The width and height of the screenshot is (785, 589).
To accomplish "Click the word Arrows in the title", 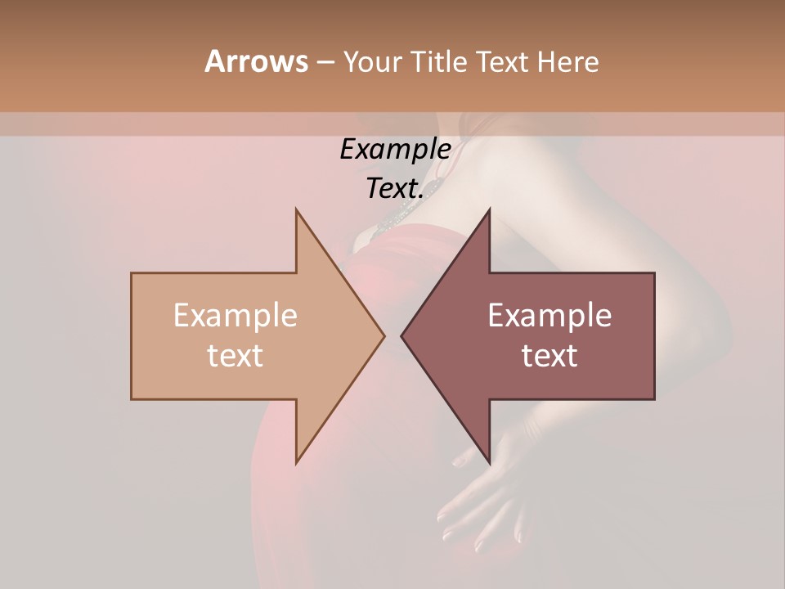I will click(256, 61).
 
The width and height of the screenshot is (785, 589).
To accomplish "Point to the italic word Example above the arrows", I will click(395, 149).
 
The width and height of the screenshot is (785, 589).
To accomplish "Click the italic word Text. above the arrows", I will click(395, 188).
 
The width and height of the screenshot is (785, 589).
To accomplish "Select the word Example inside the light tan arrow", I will click(235, 316).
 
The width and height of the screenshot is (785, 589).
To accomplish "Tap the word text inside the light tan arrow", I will click(235, 355).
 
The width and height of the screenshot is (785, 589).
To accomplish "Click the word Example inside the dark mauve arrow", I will click(549, 316).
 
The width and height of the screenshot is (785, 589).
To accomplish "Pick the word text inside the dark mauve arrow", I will click(549, 355).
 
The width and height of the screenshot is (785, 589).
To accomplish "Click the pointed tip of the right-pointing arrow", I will click(384, 336).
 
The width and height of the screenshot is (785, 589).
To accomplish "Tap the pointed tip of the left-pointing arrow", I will click(401, 336).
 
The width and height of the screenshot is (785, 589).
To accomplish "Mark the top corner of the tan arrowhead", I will click(296, 209).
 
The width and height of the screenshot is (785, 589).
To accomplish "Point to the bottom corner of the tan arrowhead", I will click(296, 463).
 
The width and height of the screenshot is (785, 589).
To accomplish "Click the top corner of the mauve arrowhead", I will click(489, 209).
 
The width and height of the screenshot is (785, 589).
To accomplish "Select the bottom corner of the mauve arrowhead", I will click(489, 463).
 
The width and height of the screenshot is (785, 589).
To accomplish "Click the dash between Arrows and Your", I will click(325, 62).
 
